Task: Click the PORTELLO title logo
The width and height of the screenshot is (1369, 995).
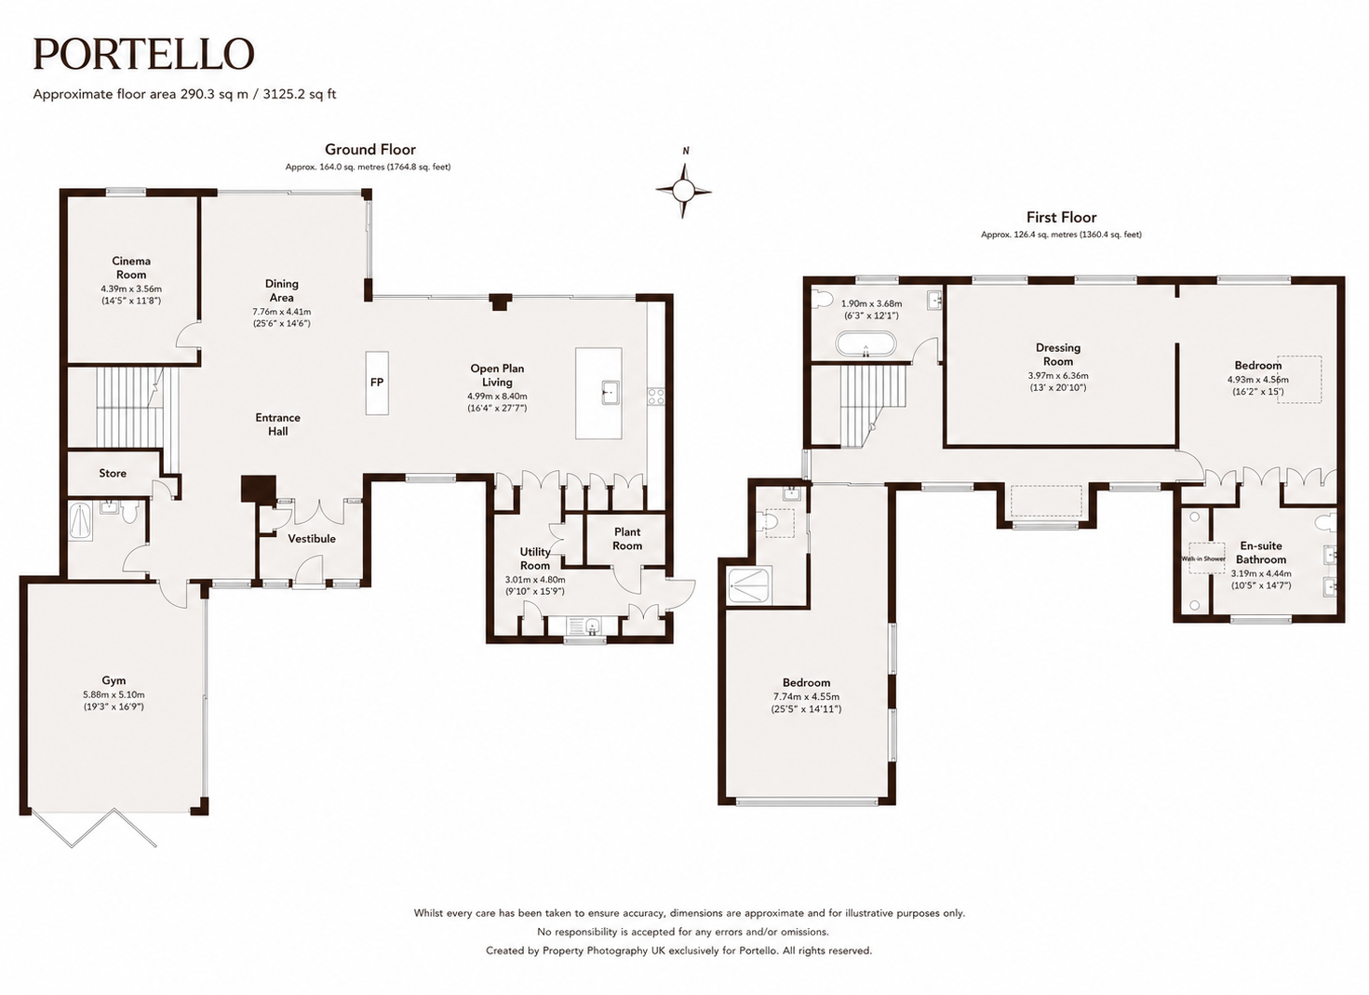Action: [143, 54]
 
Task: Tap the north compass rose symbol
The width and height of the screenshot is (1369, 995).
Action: [684, 190]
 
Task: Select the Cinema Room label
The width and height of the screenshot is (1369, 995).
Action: [131, 268]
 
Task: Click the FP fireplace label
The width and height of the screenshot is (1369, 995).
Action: [377, 383]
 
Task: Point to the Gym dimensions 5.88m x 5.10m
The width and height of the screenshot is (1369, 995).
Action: [114, 694]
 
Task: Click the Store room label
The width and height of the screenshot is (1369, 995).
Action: [113, 473]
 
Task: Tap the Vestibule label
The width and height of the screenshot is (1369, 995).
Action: [312, 538]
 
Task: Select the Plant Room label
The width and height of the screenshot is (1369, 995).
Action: [627, 539]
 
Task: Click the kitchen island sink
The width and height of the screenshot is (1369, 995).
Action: [610, 392]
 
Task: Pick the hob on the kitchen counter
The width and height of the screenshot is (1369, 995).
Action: [656, 396]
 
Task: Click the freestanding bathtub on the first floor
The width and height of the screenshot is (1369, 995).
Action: [866, 344]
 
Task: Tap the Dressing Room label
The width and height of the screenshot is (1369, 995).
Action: [1058, 355]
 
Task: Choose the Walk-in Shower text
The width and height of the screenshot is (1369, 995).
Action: [1203, 558]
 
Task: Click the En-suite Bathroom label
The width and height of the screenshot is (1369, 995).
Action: [1261, 553]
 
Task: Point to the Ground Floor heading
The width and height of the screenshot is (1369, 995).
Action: [369, 150]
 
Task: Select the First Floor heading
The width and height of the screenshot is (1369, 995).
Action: [1061, 218]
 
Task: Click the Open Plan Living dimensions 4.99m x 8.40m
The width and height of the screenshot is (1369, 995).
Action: [497, 396]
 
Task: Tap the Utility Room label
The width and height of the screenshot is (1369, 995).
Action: [535, 558]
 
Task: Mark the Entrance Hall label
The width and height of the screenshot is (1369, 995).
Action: [277, 424]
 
